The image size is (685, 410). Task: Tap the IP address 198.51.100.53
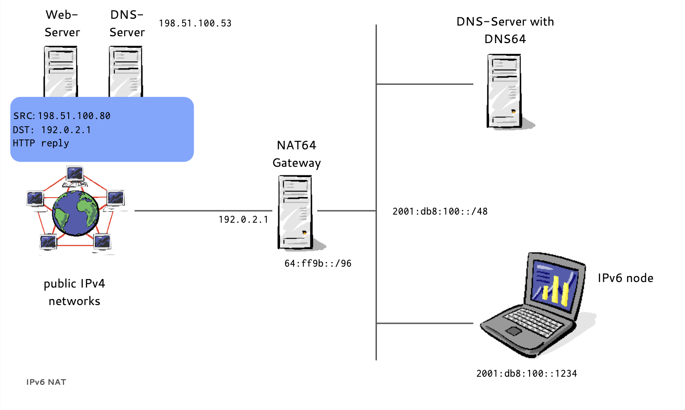click(195, 23)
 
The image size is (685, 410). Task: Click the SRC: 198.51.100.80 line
click(62, 116)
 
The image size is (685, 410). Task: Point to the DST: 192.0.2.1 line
click(52, 130)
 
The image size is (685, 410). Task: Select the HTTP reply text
click(41, 143)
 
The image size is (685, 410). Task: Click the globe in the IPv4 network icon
click(76, 213)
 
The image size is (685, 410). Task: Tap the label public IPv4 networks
click(74, 292)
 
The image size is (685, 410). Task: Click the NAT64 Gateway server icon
click(295, 212)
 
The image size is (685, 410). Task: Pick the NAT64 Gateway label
click(297, 154)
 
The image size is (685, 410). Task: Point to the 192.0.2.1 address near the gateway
click(243, 220)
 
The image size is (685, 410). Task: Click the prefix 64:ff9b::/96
click(318, 264)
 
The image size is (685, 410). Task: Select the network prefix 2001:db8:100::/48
click(440, 212)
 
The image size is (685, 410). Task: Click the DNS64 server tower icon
click(504, 90)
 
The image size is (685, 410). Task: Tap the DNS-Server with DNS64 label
click(505, 30)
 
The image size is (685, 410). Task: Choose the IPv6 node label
click(625, 278)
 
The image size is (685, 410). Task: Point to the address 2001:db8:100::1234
click(527, 374)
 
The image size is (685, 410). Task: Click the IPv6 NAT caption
click(46, 382)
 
